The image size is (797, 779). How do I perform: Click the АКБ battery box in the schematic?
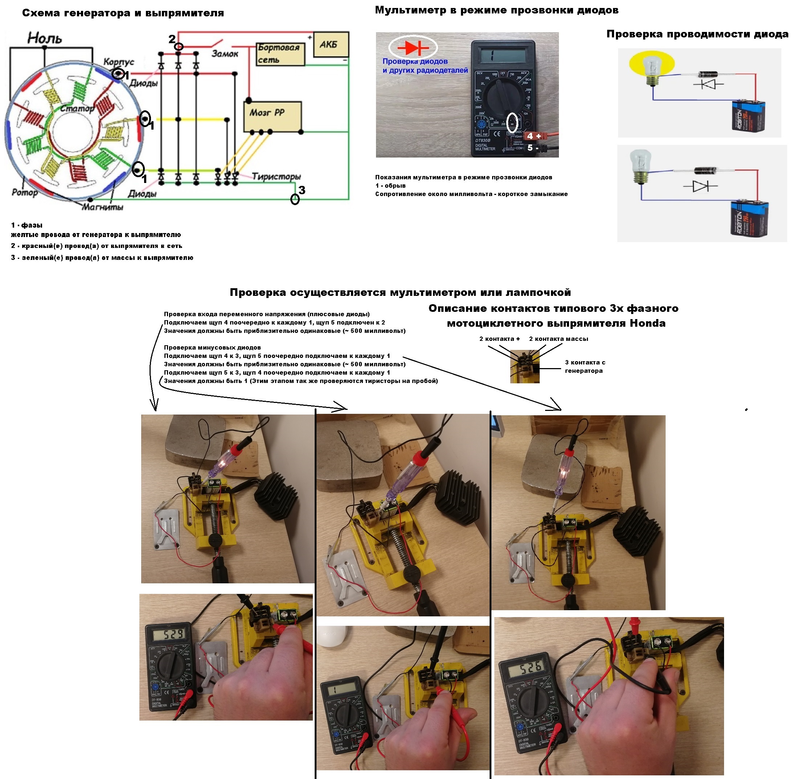tap(331, 45)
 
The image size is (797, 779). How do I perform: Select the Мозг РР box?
tap(272, 117)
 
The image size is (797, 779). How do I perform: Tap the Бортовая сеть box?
tap(280, 54)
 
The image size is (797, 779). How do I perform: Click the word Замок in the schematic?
tap(225, 54)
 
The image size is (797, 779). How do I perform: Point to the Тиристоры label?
tap(276, 176)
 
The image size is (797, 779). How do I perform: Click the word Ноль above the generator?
tap(45, 38)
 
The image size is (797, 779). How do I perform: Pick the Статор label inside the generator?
tap(77, 109)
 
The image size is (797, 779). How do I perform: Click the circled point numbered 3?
tap(295, 199)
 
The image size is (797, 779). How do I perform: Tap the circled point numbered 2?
tap(179, 46)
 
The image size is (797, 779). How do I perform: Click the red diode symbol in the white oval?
tap(413, 48)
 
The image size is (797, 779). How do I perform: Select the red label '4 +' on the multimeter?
tap(534, 136)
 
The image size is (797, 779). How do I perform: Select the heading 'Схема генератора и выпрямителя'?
tap(123, 13)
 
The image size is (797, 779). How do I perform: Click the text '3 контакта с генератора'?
tap(585, 367)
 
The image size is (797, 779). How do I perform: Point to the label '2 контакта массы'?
tap(558, 339)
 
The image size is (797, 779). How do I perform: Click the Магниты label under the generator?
tap(102, 207)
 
